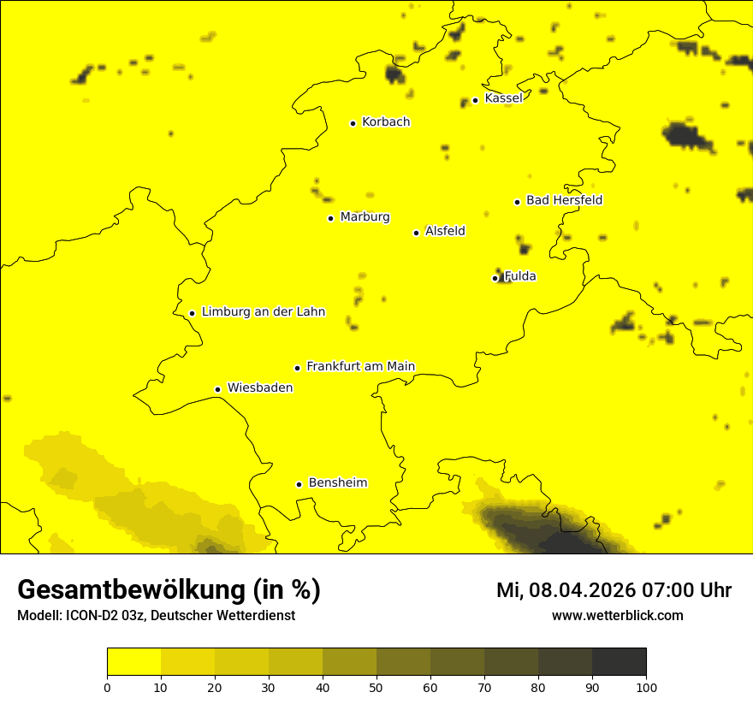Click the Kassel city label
coord(503,98)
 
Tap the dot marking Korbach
coord(353,123)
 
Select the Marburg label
coord(365,217)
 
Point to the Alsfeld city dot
coord(417,233)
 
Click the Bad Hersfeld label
coord(564,200)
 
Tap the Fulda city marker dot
coord(495,278)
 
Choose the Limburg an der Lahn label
coord(264,312)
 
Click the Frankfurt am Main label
coord(360,366)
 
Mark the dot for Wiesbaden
coord(218,389)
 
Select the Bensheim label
coord(337,482)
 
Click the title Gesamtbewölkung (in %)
coord(169,589)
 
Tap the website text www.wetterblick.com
coord(617,615)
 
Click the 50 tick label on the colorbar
coord(376,687)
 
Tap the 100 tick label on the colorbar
coord(646,687)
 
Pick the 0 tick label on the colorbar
coord(107,687)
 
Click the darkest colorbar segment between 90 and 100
coord(619,662)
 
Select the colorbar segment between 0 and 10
coord(133,662)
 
